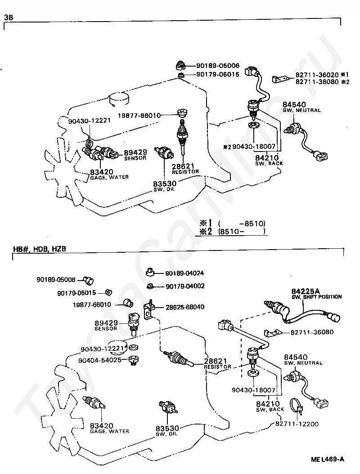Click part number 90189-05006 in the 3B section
[217, 66]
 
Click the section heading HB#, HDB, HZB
[36, 249]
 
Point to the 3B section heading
[9, 17]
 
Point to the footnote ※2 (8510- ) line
[233, 232]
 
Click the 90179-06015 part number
[217, 75]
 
